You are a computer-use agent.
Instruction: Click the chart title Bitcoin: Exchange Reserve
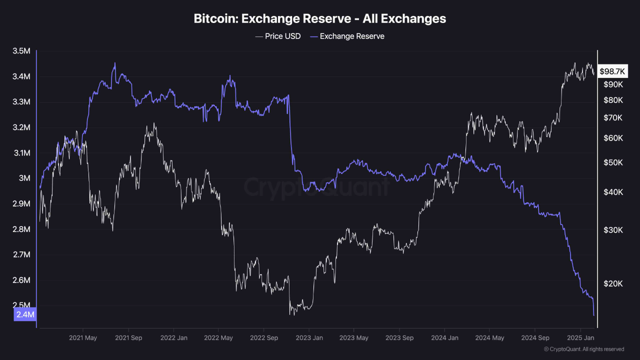click(x=320, y=19)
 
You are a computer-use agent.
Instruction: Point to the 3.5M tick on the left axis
click(x=21, y=51)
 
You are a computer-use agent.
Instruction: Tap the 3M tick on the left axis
click(x=24, y=178)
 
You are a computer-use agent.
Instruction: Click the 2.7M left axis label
click(x=21, y=255)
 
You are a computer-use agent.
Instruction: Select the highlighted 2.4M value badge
click(x=25, y=314)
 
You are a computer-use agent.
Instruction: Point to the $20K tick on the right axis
click(x=613, y=283)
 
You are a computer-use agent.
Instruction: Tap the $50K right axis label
click(x=613, y=163)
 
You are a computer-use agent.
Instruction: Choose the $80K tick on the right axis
click(x=613, y=100)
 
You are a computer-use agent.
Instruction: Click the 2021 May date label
click(x=83, y=338)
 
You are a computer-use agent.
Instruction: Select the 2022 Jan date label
click(x=173, y=338)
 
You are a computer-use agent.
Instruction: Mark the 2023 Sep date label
click(x=399, y=338)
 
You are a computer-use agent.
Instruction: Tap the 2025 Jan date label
click(x=580, y=338)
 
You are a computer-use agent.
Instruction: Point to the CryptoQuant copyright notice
click(x=583, y=349)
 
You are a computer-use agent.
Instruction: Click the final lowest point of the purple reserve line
click(x=593, y=315)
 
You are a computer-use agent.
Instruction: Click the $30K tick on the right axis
click(x=613, y=230)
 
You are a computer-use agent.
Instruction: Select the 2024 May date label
click(x=490, y=338)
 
